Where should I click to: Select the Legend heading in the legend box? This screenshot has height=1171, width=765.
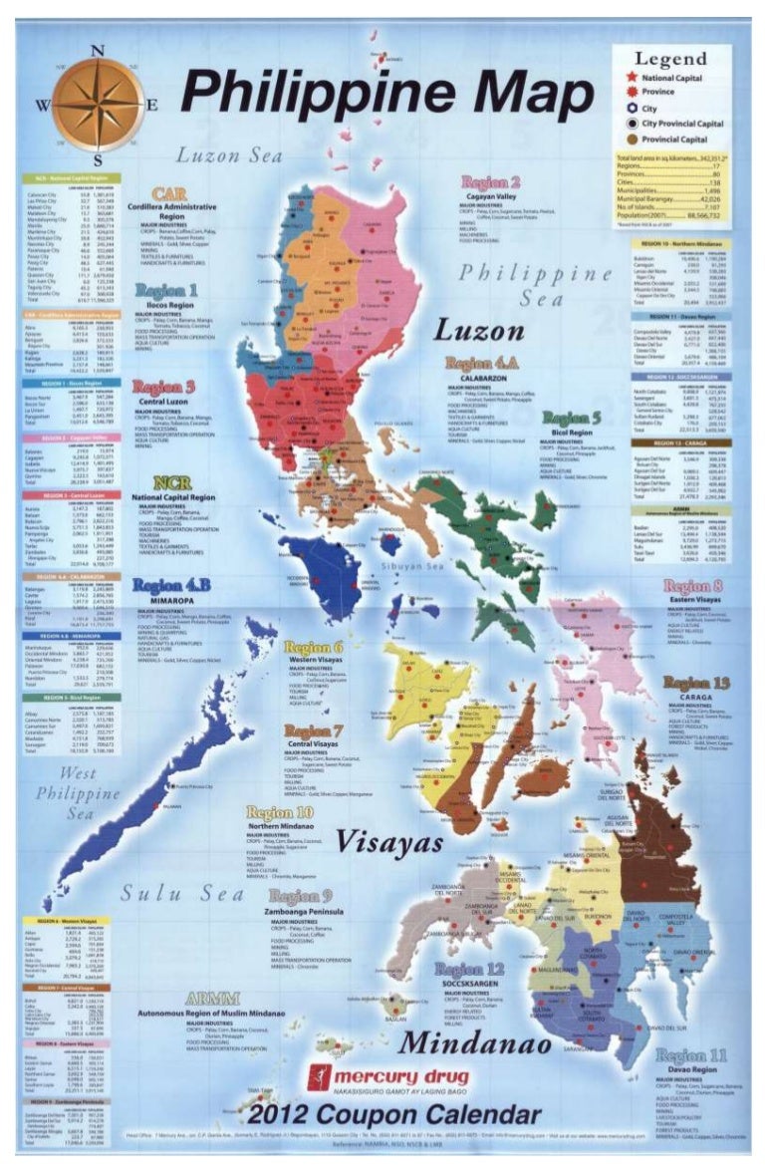(670, 59)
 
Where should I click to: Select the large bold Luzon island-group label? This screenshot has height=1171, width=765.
(478, 330)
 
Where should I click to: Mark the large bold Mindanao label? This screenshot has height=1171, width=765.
(475, 1043)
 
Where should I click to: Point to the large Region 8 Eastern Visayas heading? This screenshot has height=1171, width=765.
(700, 587)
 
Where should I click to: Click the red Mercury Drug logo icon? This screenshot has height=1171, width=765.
(318, 1077)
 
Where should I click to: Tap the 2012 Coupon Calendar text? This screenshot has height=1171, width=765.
(394, 1115)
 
